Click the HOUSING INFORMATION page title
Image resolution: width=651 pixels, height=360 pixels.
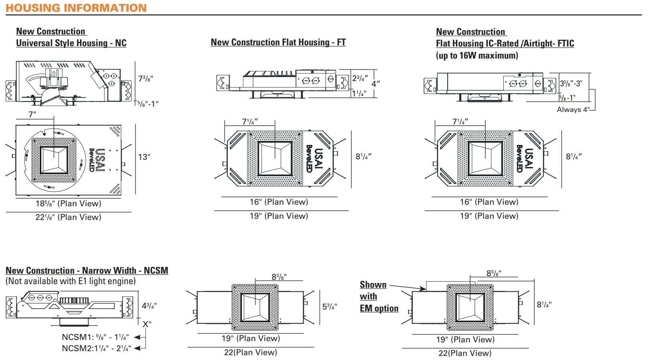point(76,8)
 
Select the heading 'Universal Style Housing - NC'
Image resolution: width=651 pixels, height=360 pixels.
point(71,43)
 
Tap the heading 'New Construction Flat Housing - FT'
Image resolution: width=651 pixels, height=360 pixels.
point(278,42)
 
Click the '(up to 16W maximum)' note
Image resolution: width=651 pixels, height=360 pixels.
point(477,55)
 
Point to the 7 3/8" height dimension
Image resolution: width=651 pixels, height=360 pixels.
point(145,79)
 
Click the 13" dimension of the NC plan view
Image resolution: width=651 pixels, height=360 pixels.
point(144,157)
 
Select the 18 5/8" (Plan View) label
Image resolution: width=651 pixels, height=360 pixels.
point(68,203)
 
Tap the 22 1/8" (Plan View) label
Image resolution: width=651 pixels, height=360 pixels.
point(68,217)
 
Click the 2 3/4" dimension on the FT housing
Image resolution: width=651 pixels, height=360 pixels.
point(360,78)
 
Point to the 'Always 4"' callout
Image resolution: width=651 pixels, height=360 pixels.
point(573,110)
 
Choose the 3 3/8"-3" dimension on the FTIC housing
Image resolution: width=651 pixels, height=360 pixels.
point(571,83)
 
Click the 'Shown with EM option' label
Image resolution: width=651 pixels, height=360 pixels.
point(378,296)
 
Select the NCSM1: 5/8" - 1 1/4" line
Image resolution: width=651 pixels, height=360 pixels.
point(95,337)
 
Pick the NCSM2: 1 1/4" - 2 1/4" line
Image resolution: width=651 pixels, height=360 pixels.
point(96,348)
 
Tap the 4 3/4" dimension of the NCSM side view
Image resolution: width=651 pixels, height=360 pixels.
point(149,306)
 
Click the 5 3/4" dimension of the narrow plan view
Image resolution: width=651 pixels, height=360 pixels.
point(330,307)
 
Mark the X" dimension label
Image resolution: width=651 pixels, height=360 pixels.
point(147,324)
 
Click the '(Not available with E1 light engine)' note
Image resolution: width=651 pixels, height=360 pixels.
point(71,281)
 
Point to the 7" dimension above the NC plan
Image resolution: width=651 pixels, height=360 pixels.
point(32,114)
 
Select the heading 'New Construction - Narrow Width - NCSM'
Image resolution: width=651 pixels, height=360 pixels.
point(87,271)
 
